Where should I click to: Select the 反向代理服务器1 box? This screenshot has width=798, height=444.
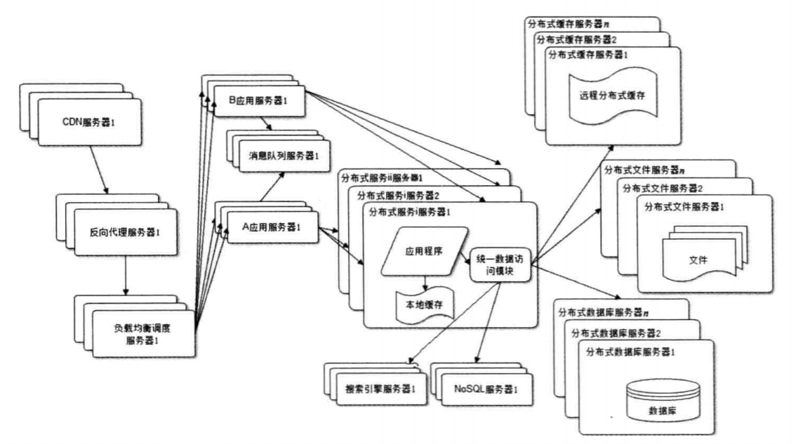(x=124, y=231)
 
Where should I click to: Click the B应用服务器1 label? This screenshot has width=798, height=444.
(x=259, y=100)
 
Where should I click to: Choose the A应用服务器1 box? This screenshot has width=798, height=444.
(x=271, y=227)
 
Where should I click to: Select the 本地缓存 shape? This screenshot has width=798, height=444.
(x=425, y=307)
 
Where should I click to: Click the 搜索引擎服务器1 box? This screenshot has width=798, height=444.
(x=381, y=388)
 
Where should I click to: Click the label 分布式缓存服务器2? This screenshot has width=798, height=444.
(x=578, y=38)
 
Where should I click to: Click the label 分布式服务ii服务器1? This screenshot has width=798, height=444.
(x=383, y=177)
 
